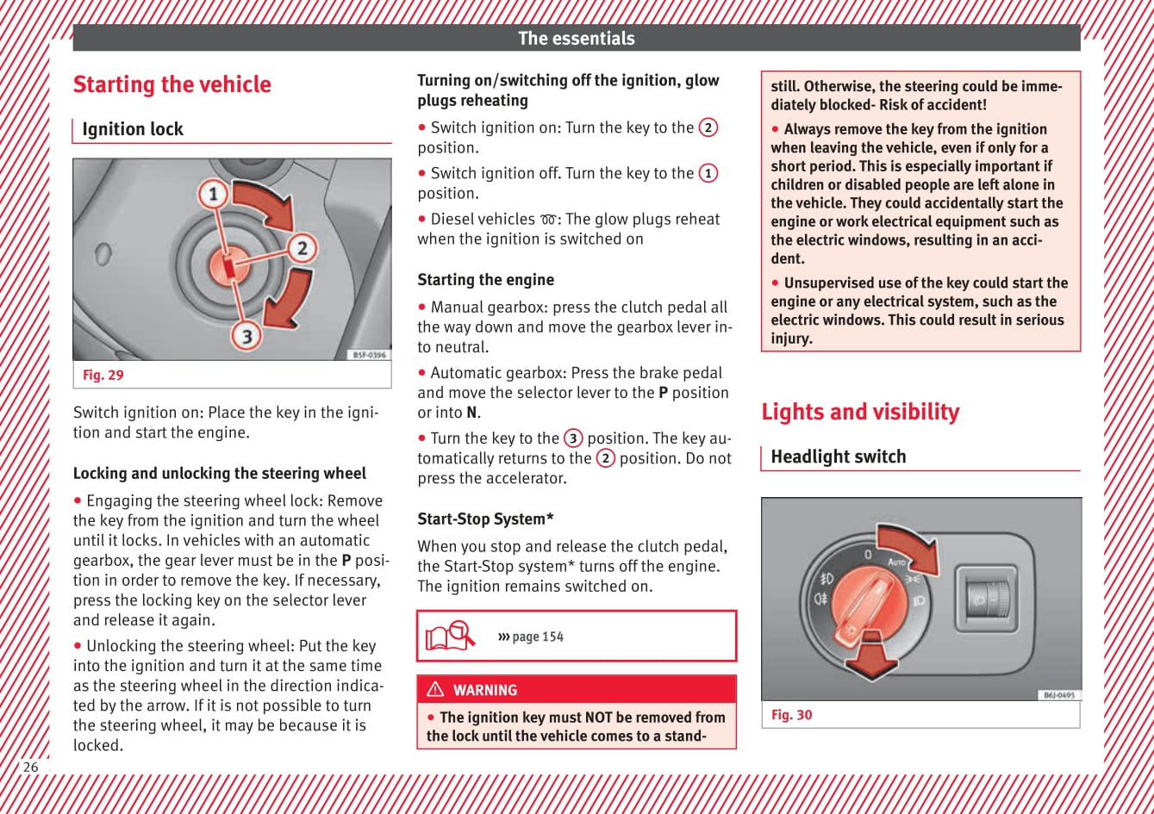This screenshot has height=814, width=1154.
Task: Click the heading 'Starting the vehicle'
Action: tap(172, 84)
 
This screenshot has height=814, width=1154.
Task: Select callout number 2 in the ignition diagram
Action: tap(302, 249)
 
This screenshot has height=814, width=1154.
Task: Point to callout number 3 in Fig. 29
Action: tap(246, 335)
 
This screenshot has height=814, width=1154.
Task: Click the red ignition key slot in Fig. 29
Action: tap(230, 265)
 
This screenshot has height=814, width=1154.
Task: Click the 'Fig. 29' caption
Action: tap(103, 375)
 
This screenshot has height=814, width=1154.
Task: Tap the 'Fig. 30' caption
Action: tap(791, 715)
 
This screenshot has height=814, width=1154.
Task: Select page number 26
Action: tap(31, 767)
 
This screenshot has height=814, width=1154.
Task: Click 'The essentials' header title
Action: tap(576, 38)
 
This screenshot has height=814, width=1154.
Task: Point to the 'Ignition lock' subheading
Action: tap(133, 129)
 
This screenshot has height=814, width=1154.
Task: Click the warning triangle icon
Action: tap(435, 689)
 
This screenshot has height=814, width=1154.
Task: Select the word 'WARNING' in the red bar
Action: tap(485, 690)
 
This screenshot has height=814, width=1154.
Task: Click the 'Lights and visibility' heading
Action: tap(859, 412)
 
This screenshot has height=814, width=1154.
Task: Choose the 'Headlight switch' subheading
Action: tap(838, 457)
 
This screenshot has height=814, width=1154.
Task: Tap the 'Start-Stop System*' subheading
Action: tap(485, 519)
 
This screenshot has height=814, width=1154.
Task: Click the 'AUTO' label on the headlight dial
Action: tap(897, 562)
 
